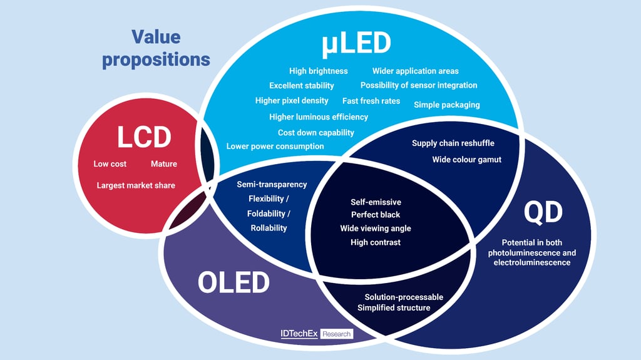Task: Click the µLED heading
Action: [x=356, y=44]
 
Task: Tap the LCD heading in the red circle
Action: [x=144, y=137]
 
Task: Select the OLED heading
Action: [x=233, y=282]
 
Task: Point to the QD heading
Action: [x=543, y=212]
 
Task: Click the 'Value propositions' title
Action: [x=156, y=48]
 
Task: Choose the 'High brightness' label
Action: [x=319, y=71]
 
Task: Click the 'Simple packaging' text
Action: [x=447, y=105]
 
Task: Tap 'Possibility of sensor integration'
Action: [x=419, y=85]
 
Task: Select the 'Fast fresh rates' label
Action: [x=371, y=101]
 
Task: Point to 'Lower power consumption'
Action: [x=275, y=146]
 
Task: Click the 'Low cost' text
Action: [x=110, y=163]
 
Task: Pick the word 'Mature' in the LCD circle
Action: [x=164, y=163]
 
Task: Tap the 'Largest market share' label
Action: [x=136, y=185]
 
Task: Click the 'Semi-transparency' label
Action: [x=272, y=185]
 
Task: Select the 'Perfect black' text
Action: [x=376, y=214]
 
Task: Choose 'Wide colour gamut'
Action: [x=467, y=160]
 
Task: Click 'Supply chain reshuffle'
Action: [x=453, y=143]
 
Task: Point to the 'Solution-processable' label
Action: [x=404, y=297]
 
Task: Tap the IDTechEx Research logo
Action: [x=317, y=334]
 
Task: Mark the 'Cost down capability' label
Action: [x=316, y=133]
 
